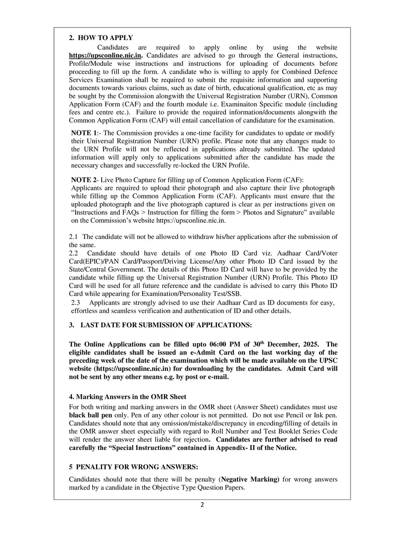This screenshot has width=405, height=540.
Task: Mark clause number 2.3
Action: pos(76,303)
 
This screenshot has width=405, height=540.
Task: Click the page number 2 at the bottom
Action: pos(202,504)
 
